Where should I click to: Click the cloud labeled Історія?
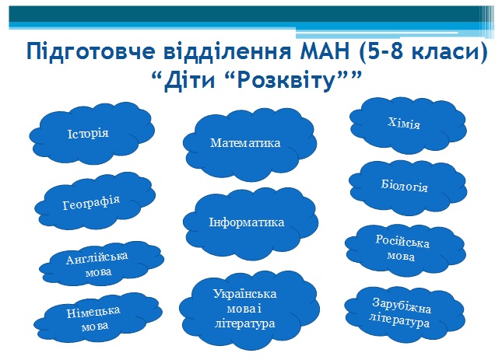pyautogui.click(x=92, y=134)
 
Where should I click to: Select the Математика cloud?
pyautogui.click(x=250, y=145)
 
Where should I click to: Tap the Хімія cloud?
pyautogui.click(x=408, y=125)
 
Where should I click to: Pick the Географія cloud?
pyautogui.click(x=95, y=201)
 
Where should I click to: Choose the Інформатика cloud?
pyautogui.click(x=251, y=223)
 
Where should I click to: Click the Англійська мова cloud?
pyautogui.click(x=101, y=264)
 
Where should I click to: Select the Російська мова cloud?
pyautogui.click(x=405, y=250)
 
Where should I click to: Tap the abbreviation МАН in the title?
pyautogui.click(x=325, y=51)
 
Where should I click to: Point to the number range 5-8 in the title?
pyautogui.click(x=385, y=51)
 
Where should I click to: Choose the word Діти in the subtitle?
pyautogui.click(x=189, y=81)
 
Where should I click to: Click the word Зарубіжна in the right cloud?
pyautogui.click(x=402, y=306)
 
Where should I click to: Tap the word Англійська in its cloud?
pyautogui.click(x=97, y=258)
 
